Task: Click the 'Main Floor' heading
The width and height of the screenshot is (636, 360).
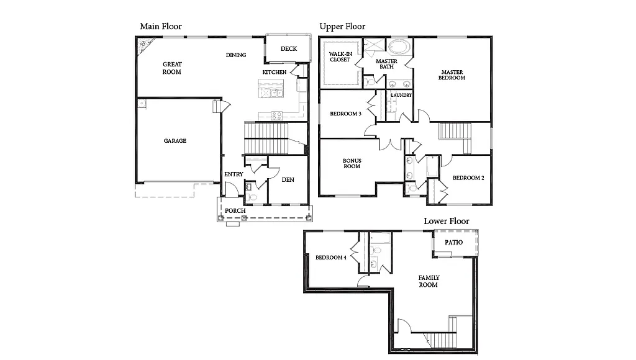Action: [161, 26]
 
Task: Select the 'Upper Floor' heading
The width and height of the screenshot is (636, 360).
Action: [342, 26]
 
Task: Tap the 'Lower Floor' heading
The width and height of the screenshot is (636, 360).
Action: [447, 221]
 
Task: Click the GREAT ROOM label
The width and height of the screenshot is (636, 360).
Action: [172, 68]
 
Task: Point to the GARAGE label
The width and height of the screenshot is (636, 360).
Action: [175, 141]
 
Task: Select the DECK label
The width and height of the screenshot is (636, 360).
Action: [289, 49]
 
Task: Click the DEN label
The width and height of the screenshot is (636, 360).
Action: [288, 180]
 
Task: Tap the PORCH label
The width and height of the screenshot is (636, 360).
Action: [235, 211]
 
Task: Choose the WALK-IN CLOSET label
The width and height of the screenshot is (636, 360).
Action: [340, 56]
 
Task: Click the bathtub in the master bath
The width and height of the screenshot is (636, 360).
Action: [399, 47]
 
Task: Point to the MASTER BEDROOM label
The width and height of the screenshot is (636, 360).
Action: [452, 75]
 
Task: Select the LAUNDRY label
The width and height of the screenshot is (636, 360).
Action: [401, 95]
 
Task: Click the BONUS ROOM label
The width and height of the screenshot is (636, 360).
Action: [352, 163]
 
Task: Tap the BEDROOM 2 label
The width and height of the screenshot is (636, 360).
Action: [468, 178]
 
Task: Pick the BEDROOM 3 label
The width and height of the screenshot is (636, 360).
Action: [345, 114]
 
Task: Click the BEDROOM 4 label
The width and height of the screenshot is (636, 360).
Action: [330, 258]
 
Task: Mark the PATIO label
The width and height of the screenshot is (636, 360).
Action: [454, 243]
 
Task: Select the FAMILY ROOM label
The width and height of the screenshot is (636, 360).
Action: [429, 281]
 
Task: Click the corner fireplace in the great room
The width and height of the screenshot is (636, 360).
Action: [144, 44]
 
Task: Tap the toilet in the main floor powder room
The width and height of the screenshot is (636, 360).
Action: [250, 197]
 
